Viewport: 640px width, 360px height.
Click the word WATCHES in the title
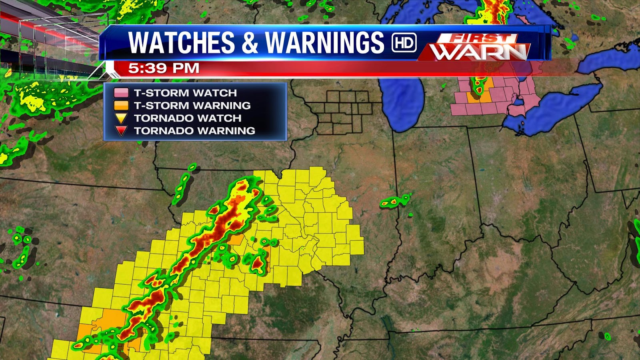[x=181, y=42]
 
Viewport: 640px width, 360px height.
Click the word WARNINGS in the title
[x=324, y=42]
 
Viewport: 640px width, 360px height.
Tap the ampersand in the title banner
[x=250, y=43]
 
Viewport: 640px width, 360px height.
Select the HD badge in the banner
[x=404, y=43]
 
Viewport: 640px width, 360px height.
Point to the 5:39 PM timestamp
[x=164, y=68]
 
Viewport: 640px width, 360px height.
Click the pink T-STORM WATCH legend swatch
[x=121, y=93]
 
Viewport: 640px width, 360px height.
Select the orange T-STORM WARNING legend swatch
[x=121, y=106]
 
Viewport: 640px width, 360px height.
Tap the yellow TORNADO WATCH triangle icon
[x=121, y=118]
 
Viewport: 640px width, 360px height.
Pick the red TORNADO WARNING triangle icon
[x=121, y=131]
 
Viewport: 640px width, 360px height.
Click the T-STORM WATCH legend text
[x=185, y=93]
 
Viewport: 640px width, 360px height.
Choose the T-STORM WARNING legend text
[x=192, y=106]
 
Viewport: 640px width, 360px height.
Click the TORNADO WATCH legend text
[x=188, y=118]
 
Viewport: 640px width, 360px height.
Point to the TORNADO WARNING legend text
[x=194, y=131]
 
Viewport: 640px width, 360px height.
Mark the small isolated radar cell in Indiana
[x=394, y=201]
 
